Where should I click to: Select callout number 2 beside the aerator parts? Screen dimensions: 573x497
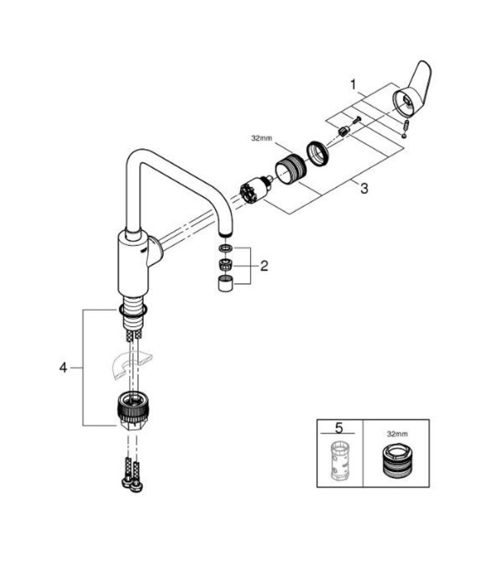pyautogui.click(x=264, y=267)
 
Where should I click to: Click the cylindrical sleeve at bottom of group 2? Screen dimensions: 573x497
pyautogui.click(x=223, y=287)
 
